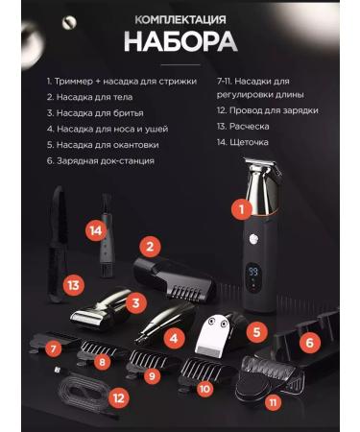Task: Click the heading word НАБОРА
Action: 179,42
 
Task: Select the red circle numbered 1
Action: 244,206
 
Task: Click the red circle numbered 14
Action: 94,230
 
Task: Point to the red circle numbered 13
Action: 74,285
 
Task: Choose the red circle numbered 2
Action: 148,247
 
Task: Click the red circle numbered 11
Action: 275,401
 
